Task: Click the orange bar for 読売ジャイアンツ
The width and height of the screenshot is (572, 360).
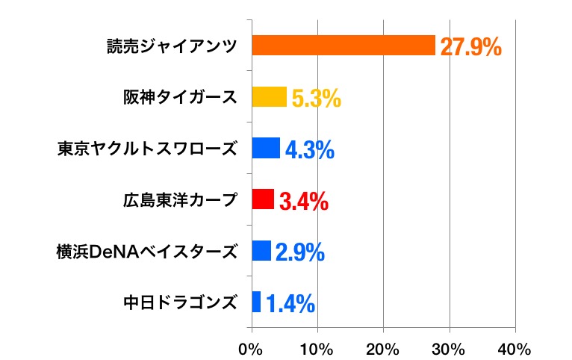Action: (x=343, y=46)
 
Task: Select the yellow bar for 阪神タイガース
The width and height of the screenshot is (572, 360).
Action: (x=270, y=97)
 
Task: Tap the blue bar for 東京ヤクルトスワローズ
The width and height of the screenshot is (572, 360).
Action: (x=266, y=148)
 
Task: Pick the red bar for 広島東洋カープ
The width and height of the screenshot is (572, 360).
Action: (x=263, y=199)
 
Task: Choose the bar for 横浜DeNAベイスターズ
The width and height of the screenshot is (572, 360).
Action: (x=261, y=251)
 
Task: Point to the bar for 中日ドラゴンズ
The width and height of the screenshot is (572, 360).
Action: (x=256, y=302)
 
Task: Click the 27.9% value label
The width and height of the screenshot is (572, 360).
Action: (x=470, y=47)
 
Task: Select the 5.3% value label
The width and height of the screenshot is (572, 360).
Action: (x=316, y=99)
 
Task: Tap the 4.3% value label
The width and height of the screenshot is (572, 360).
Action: (x=309, y=149)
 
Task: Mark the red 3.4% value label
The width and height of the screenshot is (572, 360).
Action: (x=303, y=201)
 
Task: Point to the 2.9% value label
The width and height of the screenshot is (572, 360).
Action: (x=299, y=252)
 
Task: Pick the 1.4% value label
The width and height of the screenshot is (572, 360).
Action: (x=290, y=303)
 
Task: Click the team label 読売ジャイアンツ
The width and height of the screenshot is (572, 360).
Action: (x=171, y=46)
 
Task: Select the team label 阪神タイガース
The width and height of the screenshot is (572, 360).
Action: (x=180, y=97)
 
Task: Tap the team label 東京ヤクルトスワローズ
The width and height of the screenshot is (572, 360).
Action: (x=147, y=149)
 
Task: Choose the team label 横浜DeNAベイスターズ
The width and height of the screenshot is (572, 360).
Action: (x=147, y=251)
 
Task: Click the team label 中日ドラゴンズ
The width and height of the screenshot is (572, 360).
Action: (x=180, y=302)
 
